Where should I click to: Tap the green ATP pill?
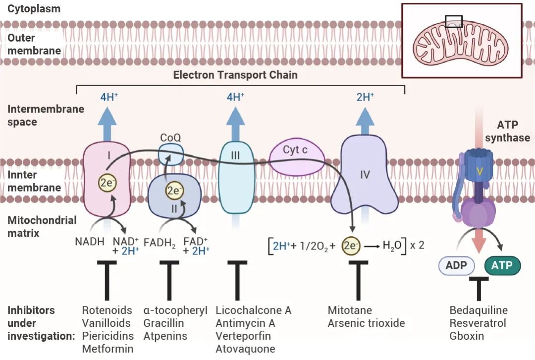click(x=502, y=265)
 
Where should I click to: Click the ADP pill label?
click(x=456, y=265)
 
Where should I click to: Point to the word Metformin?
click(x=107, y=349)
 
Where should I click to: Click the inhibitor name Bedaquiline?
click(x=479, y=310)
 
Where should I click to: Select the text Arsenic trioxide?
click(x=366, y=323)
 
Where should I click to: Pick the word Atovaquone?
click(x=245, y=349)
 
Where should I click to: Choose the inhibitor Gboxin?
click(x=467, y=336)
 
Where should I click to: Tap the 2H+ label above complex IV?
click(x=365, y=97)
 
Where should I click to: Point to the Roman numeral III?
click(x=235, y=155)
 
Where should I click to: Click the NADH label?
click(x=90, y=243)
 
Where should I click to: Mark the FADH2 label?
click(x=160, y=243)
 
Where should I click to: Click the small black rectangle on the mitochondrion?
click(x=454, y=21)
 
